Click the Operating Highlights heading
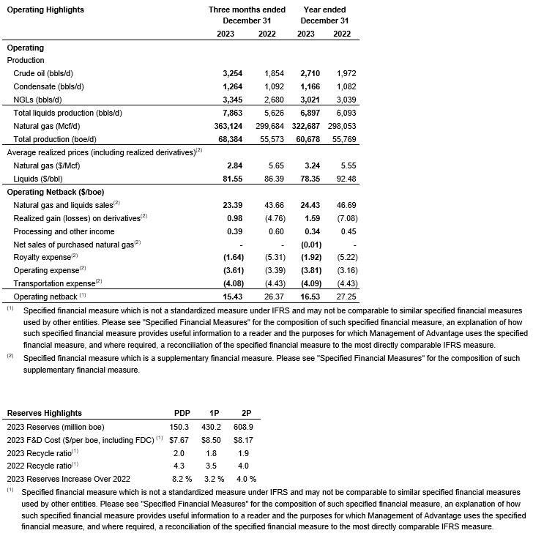(x=45, y=10)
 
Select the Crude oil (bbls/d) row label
(x=43, y=74)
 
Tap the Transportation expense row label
(x=57, y=283)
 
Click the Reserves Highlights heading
(x=44, y=413)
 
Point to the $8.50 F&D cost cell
(x=210, y=439)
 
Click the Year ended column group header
(x=324, y=10)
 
